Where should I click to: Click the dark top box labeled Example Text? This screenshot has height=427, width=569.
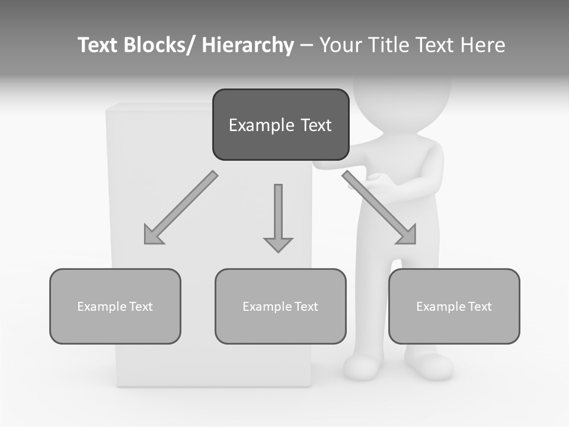pyautogui.click(x=280, y=125)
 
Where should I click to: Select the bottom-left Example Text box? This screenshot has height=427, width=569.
pyautogui.click(x=115, y=306)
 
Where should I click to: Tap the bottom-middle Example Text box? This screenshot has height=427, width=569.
pyautogui.click(x=280, y=306)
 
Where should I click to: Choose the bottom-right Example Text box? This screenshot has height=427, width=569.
pyautogui.click(x=454, y=306)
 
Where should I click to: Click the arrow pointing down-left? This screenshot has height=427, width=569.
pyautogui.click(x=180, y=208)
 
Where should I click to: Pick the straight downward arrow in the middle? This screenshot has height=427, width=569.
pyautogui.click(x=278, y=217)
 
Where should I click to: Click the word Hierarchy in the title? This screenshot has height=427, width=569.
pyautogui.click(x=248, y=45)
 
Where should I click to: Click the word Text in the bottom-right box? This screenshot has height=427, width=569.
pyautogui.click(x=479, y=307)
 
